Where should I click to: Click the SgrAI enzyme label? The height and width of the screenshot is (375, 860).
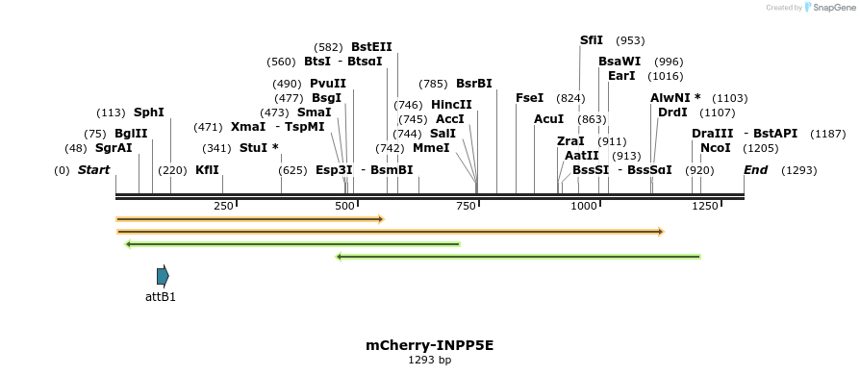pos(114,148)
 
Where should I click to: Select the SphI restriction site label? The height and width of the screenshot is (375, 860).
pos(149,112)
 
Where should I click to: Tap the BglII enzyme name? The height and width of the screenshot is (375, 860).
pos(131,134)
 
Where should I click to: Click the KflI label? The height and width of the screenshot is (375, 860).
pos(207,170)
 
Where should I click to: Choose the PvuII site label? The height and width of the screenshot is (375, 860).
pos(328,84)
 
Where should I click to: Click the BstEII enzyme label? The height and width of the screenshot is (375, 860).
pos(371,46)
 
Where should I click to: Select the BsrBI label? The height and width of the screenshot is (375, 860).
pos(473,84)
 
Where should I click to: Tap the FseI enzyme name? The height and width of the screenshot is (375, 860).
pos(529,98)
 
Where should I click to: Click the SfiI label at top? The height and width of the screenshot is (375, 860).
pos(591,40)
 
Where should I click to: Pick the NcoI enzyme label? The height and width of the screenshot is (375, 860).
pos(715,148)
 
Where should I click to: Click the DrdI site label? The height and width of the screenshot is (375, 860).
pos(672,112)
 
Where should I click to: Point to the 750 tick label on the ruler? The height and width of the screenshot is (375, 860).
pos(465,206)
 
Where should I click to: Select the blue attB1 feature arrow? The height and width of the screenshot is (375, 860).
pos(163,276)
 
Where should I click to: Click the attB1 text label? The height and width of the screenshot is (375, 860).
pos(161,297)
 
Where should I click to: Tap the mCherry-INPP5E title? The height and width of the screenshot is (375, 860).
pos(429,344)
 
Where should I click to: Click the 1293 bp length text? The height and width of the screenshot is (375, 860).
pos(429,360)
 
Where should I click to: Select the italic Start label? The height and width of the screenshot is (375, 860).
pos(93,170)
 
